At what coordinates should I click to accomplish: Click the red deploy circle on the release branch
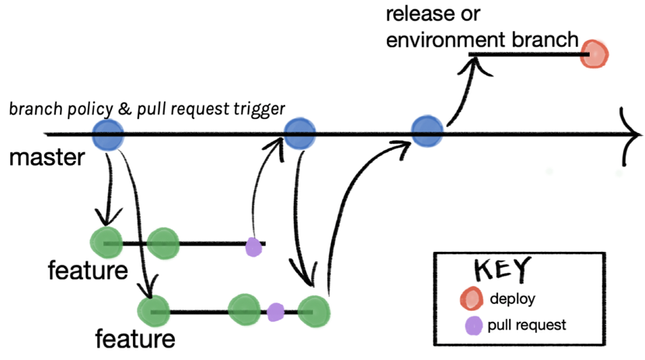[595, 54]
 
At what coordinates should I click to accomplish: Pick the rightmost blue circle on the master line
[427, 130]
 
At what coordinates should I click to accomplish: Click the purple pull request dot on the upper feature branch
[253, 246]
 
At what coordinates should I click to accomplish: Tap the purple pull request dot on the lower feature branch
[276, 312]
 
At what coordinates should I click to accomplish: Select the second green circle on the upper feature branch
[162, 243]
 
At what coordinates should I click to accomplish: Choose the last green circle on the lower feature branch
[315, 311]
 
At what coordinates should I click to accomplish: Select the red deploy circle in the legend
[471, 298]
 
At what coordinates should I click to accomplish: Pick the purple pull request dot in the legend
[472, 323]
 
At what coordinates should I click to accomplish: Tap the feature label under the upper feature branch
[87, 271]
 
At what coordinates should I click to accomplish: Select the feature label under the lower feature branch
[134, 339]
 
